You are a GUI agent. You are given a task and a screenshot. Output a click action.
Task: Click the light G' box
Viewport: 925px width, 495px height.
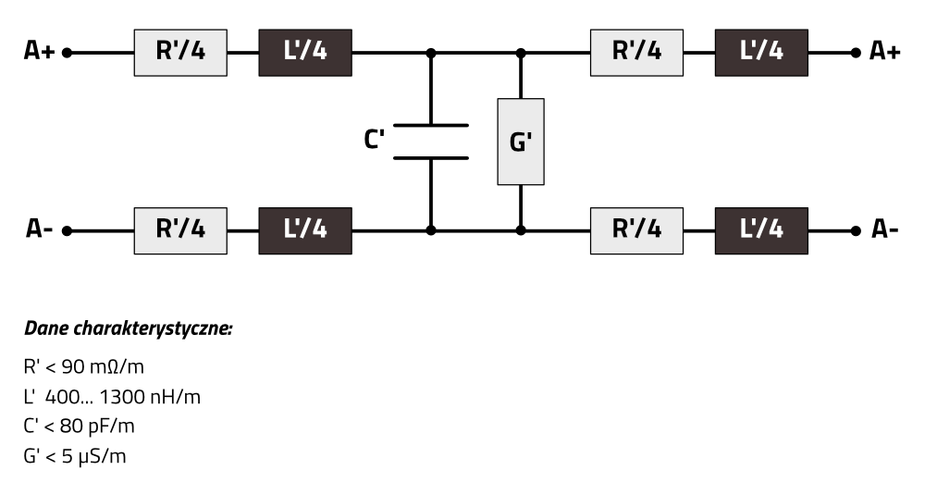tap(521, 142)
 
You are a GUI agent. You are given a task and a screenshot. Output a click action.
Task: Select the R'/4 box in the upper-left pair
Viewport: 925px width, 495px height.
tap(180, 53)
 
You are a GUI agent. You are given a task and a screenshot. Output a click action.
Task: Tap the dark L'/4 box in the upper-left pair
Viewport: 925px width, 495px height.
tap(305, 53)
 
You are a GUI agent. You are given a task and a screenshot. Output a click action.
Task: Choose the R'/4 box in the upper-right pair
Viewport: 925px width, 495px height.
tap(636, 53)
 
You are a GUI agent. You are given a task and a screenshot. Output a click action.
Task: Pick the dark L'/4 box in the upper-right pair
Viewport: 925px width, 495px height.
tap(761, 53)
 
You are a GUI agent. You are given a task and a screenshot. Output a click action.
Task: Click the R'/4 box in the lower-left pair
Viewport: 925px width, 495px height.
tap(180, 230)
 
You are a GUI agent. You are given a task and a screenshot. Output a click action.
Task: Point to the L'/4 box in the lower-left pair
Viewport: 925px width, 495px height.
tap(305, 230)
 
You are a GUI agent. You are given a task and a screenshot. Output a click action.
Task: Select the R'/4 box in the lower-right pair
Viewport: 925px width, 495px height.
tap(636, 230)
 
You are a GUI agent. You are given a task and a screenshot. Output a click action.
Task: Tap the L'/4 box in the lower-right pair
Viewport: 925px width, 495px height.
tap(761, 230)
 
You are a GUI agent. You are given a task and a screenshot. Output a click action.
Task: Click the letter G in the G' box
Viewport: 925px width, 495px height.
tap(517, 143)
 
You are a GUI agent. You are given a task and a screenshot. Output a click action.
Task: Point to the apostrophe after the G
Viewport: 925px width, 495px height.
tap(529, 137)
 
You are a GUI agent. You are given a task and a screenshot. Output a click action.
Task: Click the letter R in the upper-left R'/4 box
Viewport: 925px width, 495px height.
tap(164, 51)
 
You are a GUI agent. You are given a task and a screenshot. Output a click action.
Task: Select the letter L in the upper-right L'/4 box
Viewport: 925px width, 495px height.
tap(746, 51)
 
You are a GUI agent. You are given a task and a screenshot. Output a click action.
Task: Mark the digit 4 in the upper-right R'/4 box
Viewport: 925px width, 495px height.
tap(654, 51)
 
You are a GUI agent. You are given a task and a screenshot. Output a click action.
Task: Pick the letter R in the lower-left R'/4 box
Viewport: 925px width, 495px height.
tap(164, 229)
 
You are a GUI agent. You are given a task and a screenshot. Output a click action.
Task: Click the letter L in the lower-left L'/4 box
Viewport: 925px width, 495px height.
tap(290, 229)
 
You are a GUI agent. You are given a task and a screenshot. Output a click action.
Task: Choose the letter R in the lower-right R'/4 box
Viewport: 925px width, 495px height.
tap(620, 229)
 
